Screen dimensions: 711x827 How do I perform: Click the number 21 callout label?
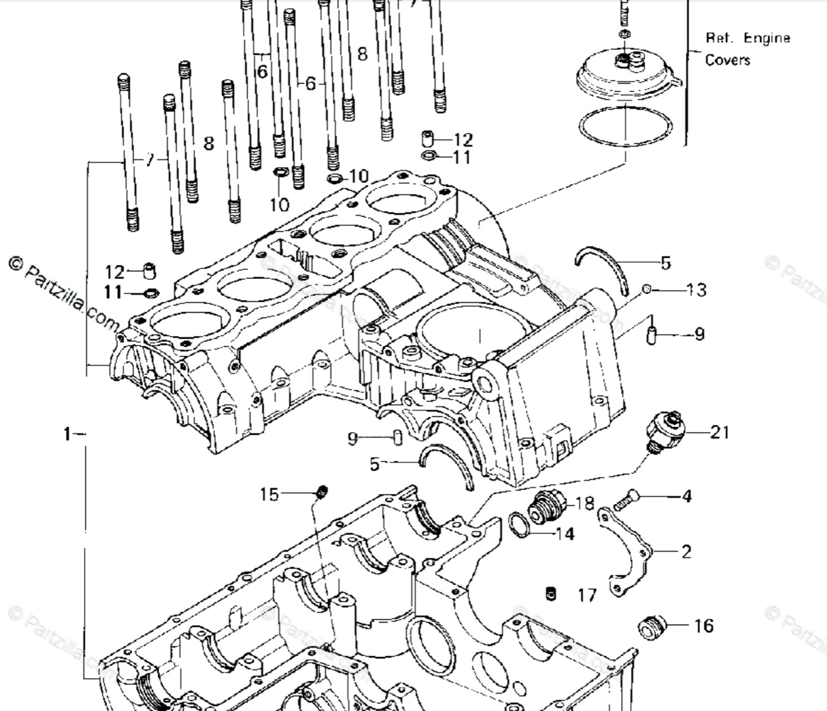(x=720, y=433)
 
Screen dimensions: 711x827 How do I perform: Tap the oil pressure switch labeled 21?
(x=667, y=430)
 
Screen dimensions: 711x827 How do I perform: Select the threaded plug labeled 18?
(x=544, y=508)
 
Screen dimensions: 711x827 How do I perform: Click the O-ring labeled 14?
(x=520, y=526)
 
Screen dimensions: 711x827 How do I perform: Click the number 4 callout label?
(x=686, y=496)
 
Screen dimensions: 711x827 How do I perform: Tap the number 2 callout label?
(x=686, y=552)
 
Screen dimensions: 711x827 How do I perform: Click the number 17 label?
(x=587, y=595)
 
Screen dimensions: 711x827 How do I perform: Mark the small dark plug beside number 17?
(x=551, y=594)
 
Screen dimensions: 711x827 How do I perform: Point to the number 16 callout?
(x=704, y=626)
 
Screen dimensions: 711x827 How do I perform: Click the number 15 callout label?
(x=269, y=494)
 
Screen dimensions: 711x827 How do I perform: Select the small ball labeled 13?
(x=647, y=289)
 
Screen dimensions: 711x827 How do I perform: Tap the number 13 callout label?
(x=697, y=290)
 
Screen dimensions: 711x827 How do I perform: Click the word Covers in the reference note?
(x=727, y=60)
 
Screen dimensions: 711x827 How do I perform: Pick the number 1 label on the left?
(x=67, y=434)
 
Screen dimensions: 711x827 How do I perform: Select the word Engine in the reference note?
(x=767, y=39)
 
